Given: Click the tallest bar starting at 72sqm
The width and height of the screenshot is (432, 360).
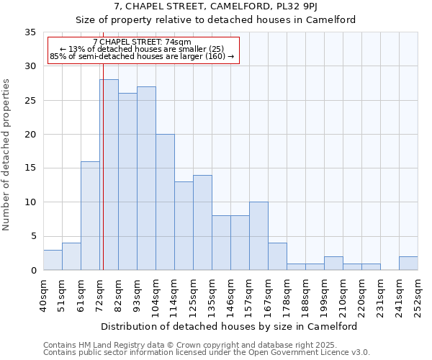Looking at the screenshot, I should tap(109, 175).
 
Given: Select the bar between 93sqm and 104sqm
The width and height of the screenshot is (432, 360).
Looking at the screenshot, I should tap(146, 179).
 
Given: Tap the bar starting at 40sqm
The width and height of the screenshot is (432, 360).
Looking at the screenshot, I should tap(53, 260).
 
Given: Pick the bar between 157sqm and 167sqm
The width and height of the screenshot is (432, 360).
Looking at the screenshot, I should tap(258, 236).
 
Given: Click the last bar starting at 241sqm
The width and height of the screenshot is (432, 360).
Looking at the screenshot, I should tap(408, 264).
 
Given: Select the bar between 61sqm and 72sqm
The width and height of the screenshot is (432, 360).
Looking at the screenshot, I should tap(90, 216).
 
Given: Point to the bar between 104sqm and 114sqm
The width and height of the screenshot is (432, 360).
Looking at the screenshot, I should tap(165, 202).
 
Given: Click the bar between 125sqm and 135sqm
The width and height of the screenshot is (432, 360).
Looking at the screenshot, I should tap(202, 222).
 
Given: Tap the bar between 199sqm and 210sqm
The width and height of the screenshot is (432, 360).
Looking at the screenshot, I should tap(333, 264).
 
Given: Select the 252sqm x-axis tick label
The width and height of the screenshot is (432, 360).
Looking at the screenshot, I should tap(418, 296).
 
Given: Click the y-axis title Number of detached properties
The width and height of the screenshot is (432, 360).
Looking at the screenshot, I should tap(7, 155).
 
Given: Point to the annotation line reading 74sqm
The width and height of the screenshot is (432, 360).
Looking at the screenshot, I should tap(143, 42).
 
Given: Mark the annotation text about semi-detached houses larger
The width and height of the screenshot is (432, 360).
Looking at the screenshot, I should tap(143, 56).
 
